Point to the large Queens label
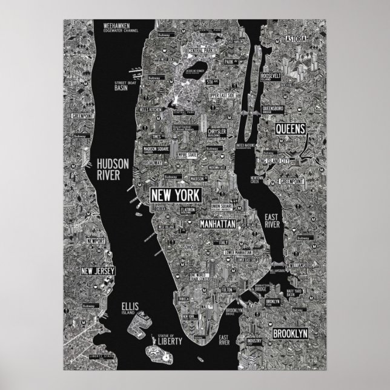click(293, 129)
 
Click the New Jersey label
click(97, 271)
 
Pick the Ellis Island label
click(130, 308)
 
